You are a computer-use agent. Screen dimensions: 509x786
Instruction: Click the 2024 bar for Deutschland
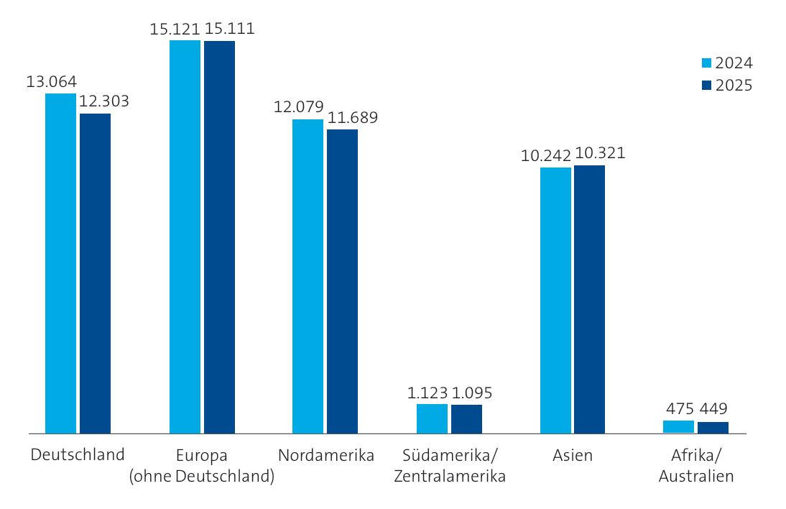point(60,263)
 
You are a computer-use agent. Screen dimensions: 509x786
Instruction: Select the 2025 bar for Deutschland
point(95,273)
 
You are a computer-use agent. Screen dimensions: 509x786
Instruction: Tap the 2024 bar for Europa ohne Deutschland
point(185,237)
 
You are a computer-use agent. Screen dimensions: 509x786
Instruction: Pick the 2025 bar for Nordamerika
point(342,281)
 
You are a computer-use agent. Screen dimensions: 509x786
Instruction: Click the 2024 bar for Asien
point(555,301)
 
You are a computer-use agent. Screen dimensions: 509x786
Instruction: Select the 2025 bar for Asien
point(589,299)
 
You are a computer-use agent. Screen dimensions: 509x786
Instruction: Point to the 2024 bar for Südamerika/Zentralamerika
point(432,418)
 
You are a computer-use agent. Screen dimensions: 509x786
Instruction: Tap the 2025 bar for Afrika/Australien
point(713,428)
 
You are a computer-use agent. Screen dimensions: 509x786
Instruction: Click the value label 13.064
point(52,82)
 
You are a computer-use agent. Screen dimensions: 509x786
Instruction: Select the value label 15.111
point(229,29)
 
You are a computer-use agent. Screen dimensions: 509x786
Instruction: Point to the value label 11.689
point(353,118)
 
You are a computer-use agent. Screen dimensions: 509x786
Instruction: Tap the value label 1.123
point(427,393)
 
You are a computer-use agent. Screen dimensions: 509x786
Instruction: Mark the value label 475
point(679,409)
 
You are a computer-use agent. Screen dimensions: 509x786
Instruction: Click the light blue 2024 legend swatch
point(706,63)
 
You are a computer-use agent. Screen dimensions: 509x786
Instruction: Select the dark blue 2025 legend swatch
point(706,86)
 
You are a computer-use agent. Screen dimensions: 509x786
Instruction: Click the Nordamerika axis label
point(326,456)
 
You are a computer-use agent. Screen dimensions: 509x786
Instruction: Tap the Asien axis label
point(573,456)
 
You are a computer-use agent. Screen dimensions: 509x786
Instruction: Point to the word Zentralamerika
point(450,477)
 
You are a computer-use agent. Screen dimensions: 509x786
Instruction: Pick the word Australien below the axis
point(696,477)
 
